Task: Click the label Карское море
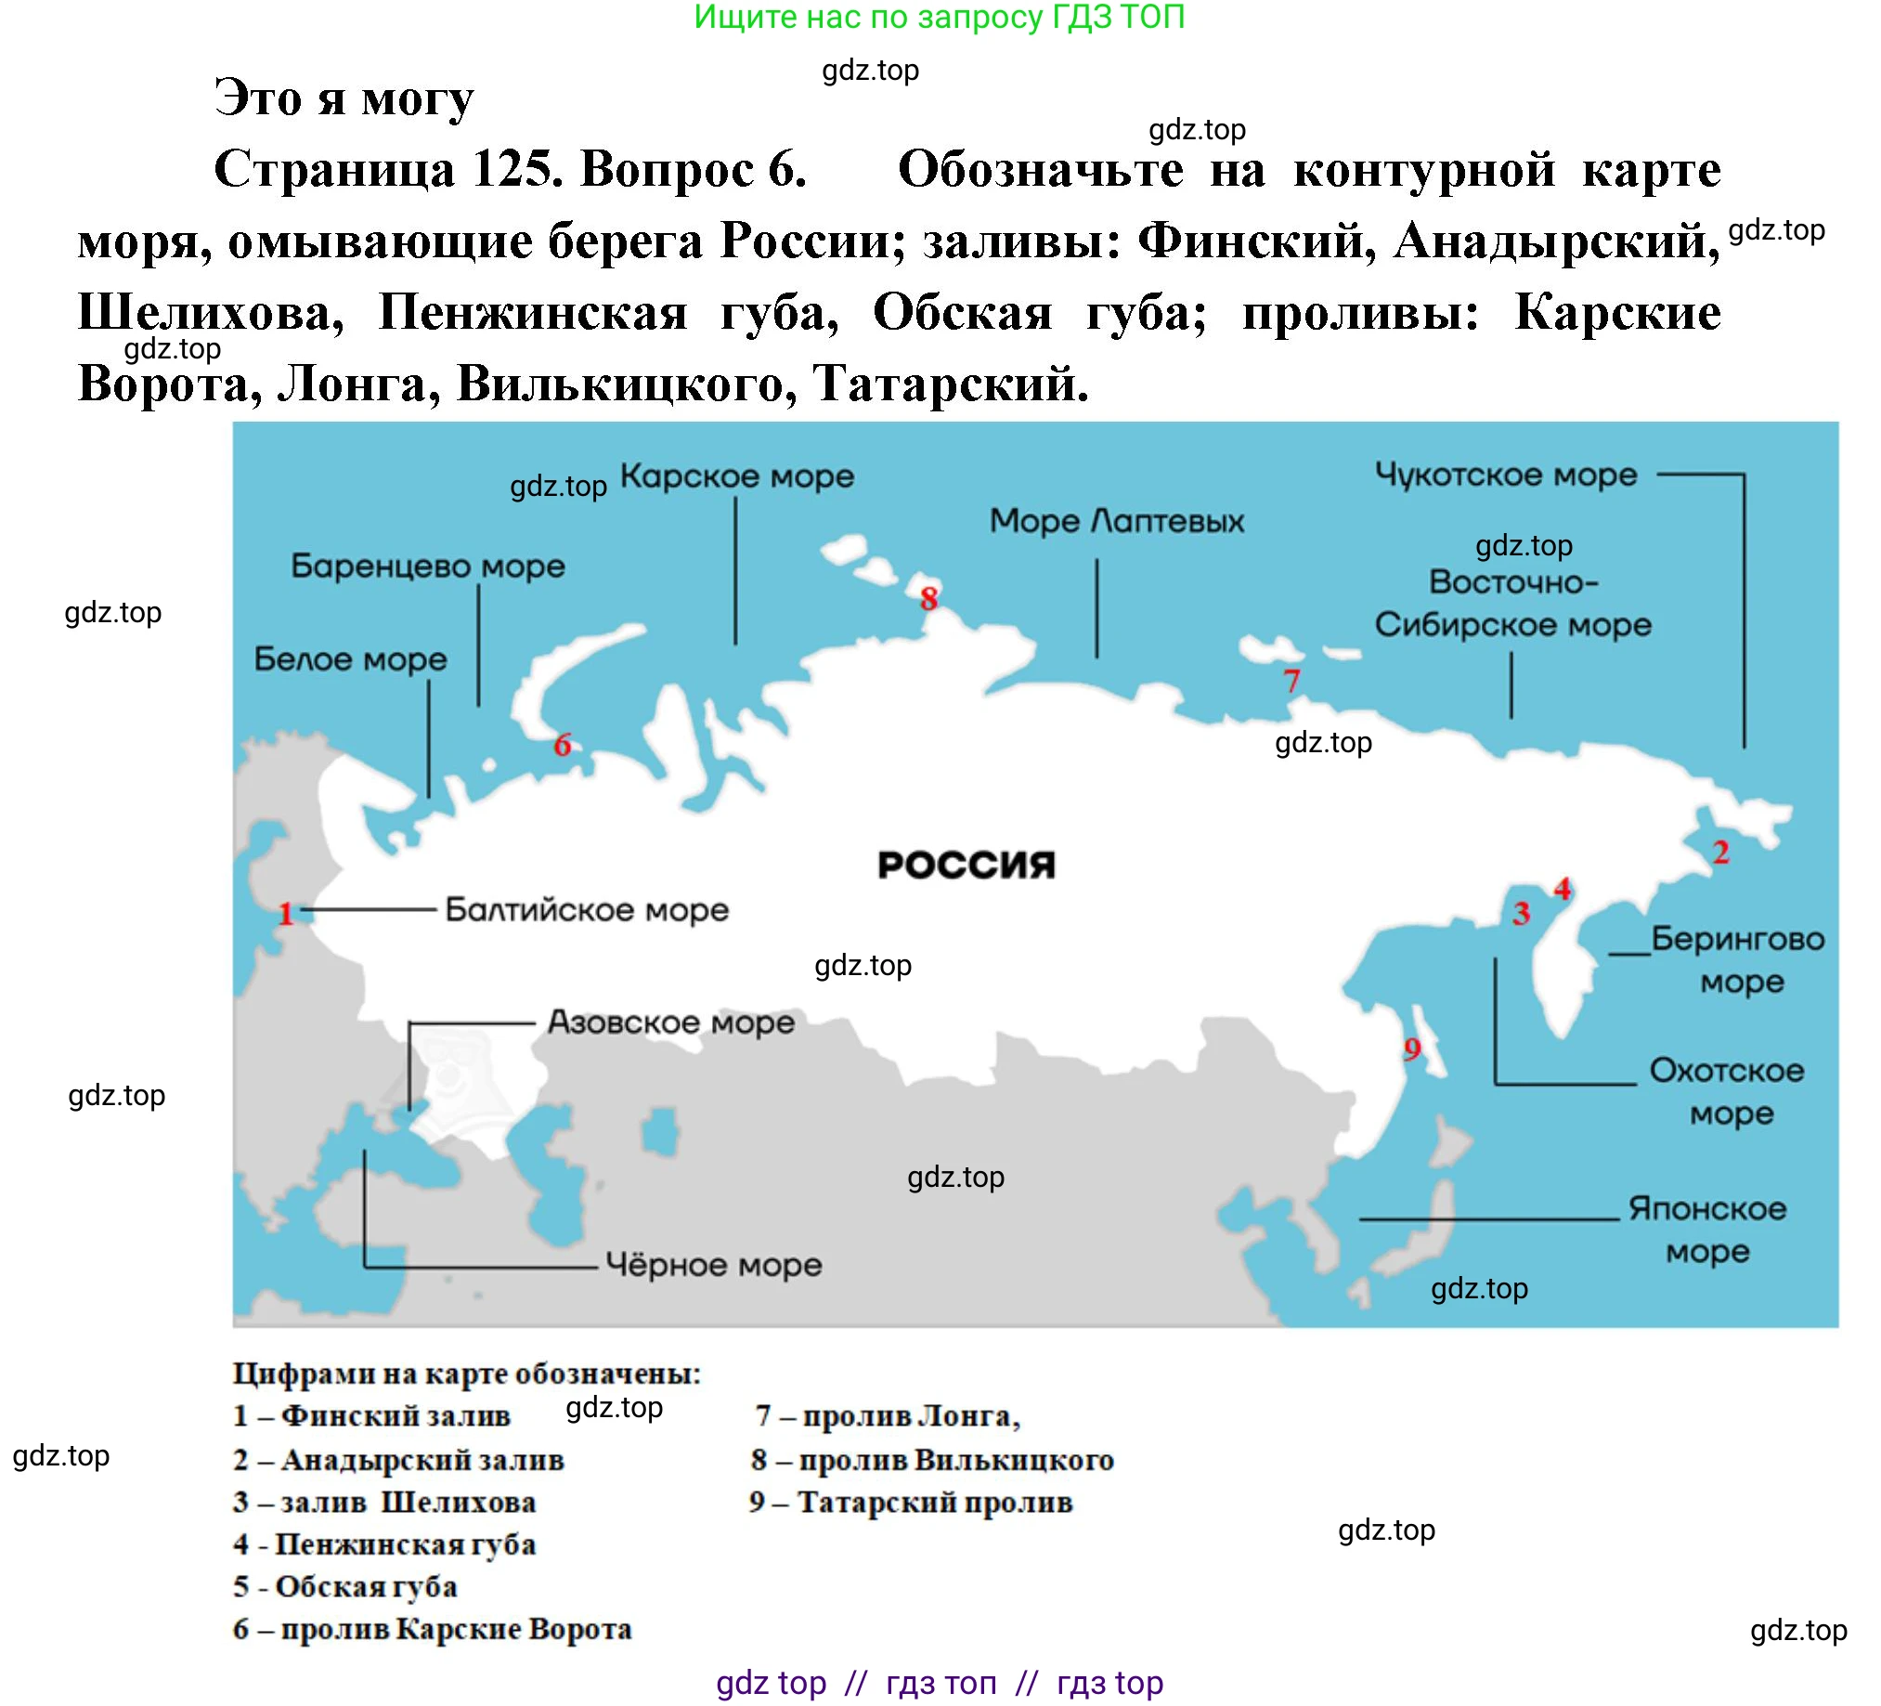(x=737, y=477)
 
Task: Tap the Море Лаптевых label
(x=1117, y=521)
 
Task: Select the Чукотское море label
(x=1506, y=475)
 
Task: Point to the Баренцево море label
(x=427, y=566)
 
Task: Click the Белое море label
(x=350, y=659)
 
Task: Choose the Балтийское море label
(x=586, y=910)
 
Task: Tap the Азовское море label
(x=671, y=1022)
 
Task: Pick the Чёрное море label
(x=714, y=1266)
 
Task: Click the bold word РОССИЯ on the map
(x=966, y=866)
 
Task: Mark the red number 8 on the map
(x=928, y=598)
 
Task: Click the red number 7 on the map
(x=1291, y=682)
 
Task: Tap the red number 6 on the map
(x=562, y=745)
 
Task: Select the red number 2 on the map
(x=1721, y=852)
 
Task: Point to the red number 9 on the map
(x=1412, y=1049)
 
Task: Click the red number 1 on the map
(x=286, y=914)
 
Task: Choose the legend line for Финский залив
(x=371, y=1415)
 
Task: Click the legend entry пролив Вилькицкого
(x=932, y=1460)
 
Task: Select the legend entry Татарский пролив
(x=911, y=1503)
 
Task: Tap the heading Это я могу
(x=344, y=98)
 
